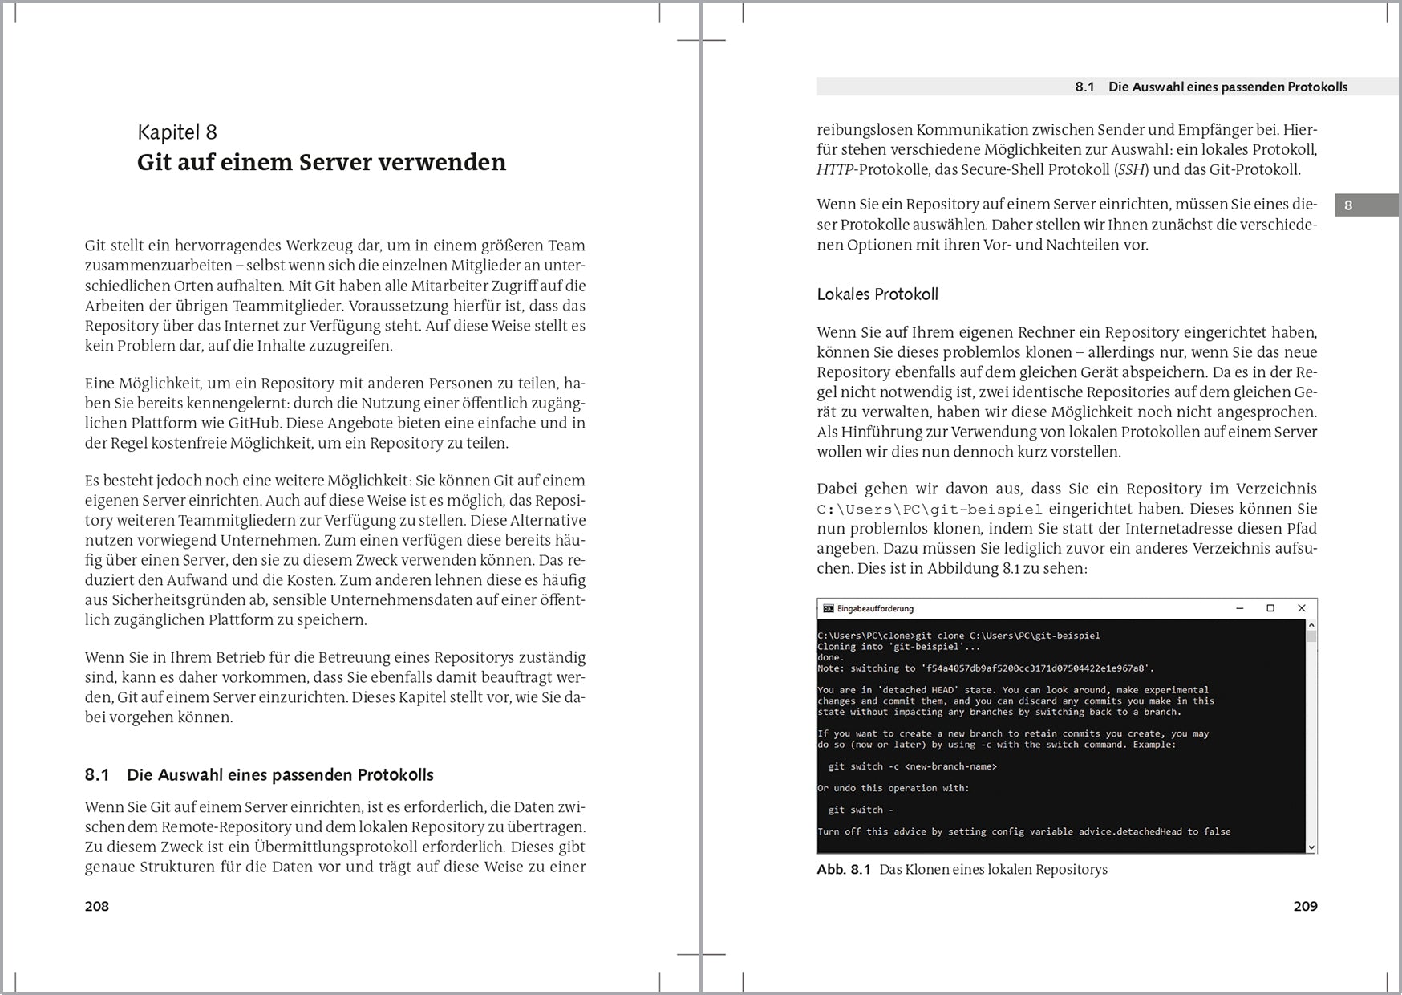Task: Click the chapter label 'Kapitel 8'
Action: (x=177, y=132)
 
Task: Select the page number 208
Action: (x=97, y=906)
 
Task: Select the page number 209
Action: (x=1305, y=906)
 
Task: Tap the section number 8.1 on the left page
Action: (x=97, y=775)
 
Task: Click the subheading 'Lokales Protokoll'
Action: (x=877, y=294)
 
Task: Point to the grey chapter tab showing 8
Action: (x=1366, y=205)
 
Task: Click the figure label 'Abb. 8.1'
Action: (x=843, y=870)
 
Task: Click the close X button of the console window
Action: (x=1301, y=608)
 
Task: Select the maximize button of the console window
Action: (x=1270, y=608)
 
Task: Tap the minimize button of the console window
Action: (x=1240, y=608)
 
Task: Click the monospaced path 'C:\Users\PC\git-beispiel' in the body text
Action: (x=930, y=510)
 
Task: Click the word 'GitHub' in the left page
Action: (x=254, y=423)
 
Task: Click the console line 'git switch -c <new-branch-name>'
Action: (x=913, y=766)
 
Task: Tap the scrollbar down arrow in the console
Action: (x=1311, y=847)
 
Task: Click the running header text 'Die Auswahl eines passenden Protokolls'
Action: (x=1228, y=87)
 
